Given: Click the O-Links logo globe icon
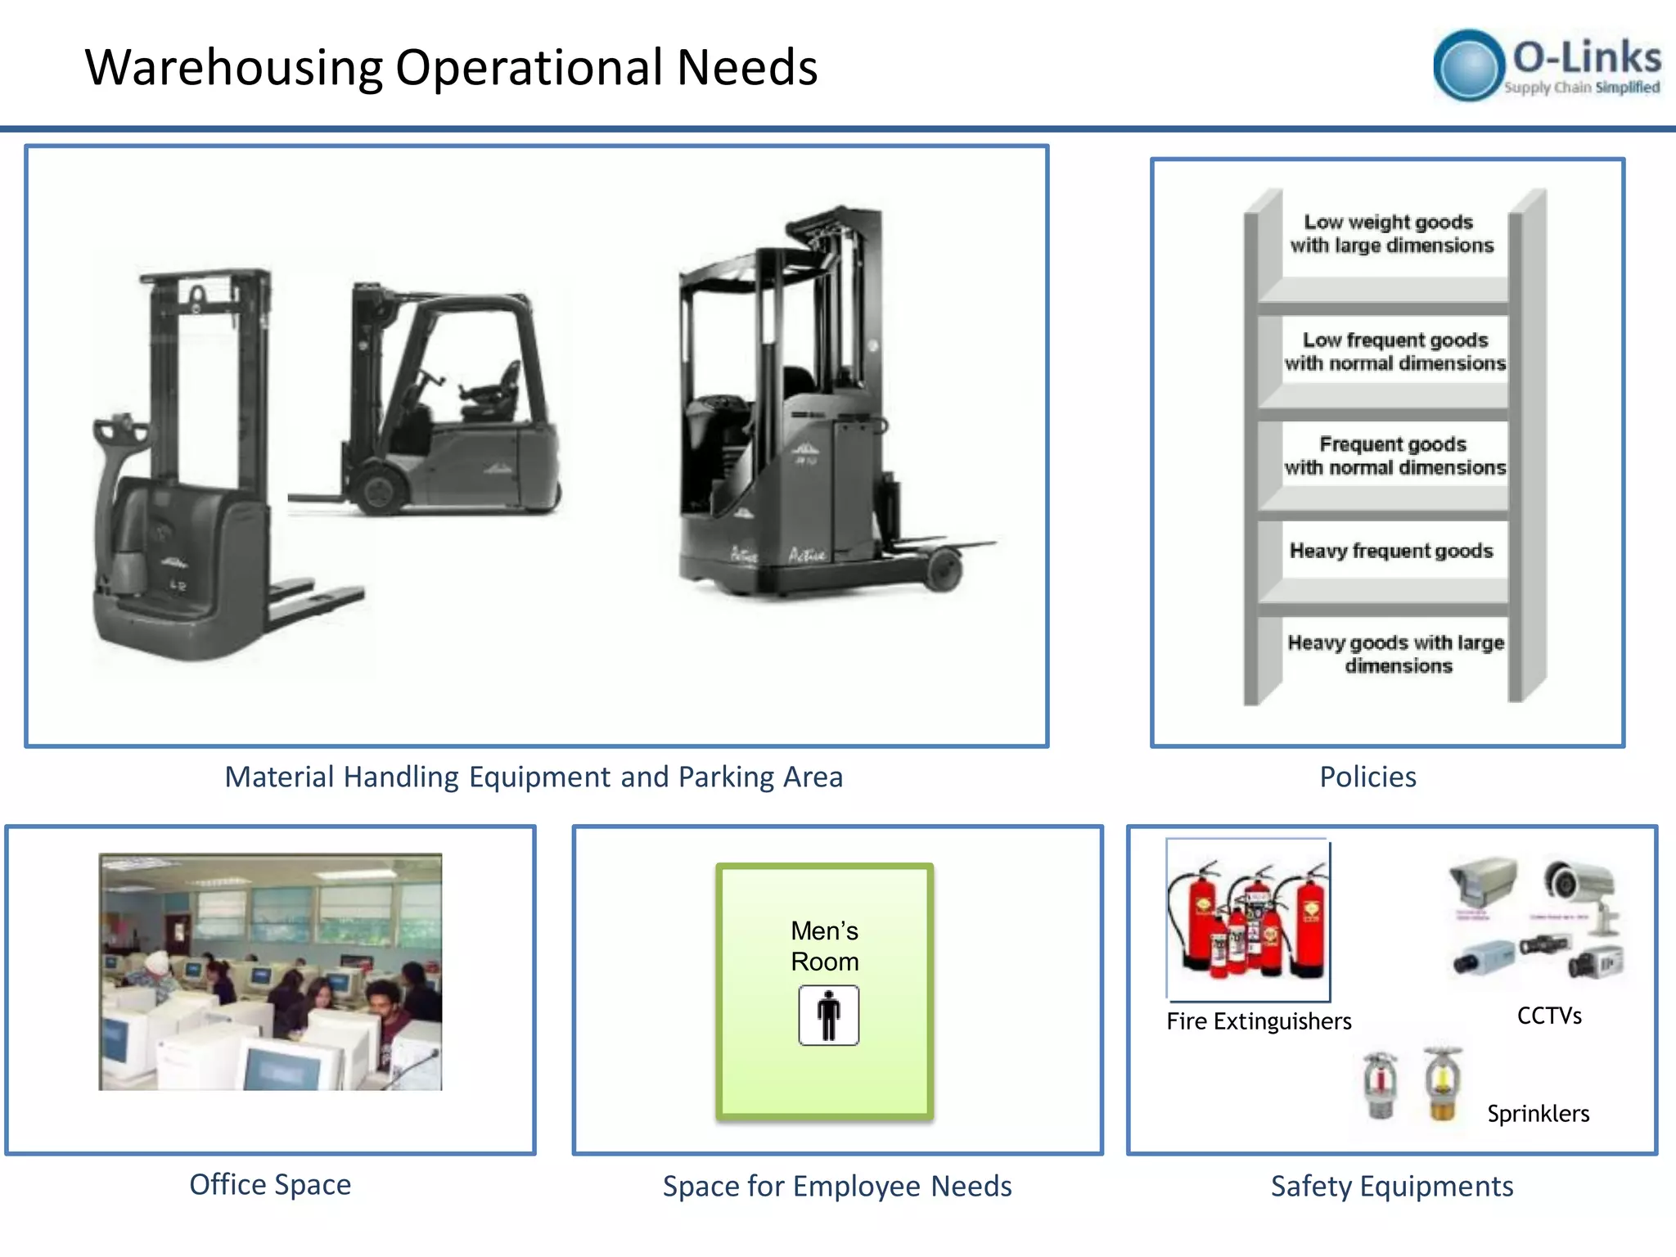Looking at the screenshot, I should pyautogui.click(x=1469, y=65).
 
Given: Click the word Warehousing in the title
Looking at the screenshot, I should pyautogui.click(x=234, y=68).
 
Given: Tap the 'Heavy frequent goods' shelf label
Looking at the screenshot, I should pyautogui.click(x=1391, y=551).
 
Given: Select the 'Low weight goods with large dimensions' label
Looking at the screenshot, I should pyautogui.click(x=1391, y=234).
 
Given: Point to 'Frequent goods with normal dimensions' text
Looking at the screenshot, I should pyautogui.click(x=1394, y=456).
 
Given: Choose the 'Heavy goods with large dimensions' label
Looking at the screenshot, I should pyautogui.click(x=1396, y=654).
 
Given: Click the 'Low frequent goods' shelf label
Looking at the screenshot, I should pyautogui.click(x=1394, y=351).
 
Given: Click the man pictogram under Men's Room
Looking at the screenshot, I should pyautogui.click(x=828, y=1016).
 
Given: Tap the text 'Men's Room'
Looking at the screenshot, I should pyautogui.click(x=824, y=946).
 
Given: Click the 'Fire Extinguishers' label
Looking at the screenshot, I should pyautogui.click(x=1259, y=1021).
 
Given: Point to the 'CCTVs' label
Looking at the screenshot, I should pyautogui.click(x=1549, y=1016).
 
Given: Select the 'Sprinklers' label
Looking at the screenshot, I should pyautogui.click(x=1538, y=1114).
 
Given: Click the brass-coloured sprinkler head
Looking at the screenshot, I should pyautogui.click(x=1442, y=1084).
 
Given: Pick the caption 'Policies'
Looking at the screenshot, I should pyautogui.click(x=1367, y=777).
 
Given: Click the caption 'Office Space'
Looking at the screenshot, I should pyautogui.click(x=270, y=1184).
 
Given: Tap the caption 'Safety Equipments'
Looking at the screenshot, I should pyautogui.click(x=1391, y=1186).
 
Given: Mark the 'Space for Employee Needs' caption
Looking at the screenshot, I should pyautogui.click(x=837, y=1186).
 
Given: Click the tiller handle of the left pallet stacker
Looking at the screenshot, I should pyautogui.click(x=115, y=430).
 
